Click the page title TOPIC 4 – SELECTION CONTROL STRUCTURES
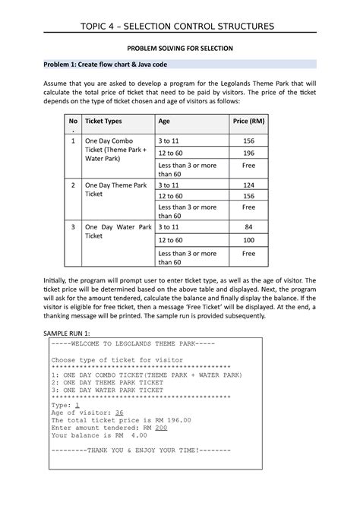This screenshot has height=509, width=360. click(x=180, y=29)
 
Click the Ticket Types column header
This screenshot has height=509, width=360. click(x=106, y=122)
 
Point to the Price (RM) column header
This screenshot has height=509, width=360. click(x=248, y=122)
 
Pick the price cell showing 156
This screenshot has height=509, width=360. click(x=248, y=141)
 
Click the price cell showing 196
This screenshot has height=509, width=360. click(x=248, y=153)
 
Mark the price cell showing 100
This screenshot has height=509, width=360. click(x=248, y=239)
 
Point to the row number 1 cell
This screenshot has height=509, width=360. click(x=73, y=141)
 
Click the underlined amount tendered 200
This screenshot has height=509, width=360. click(x=160, y=427)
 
